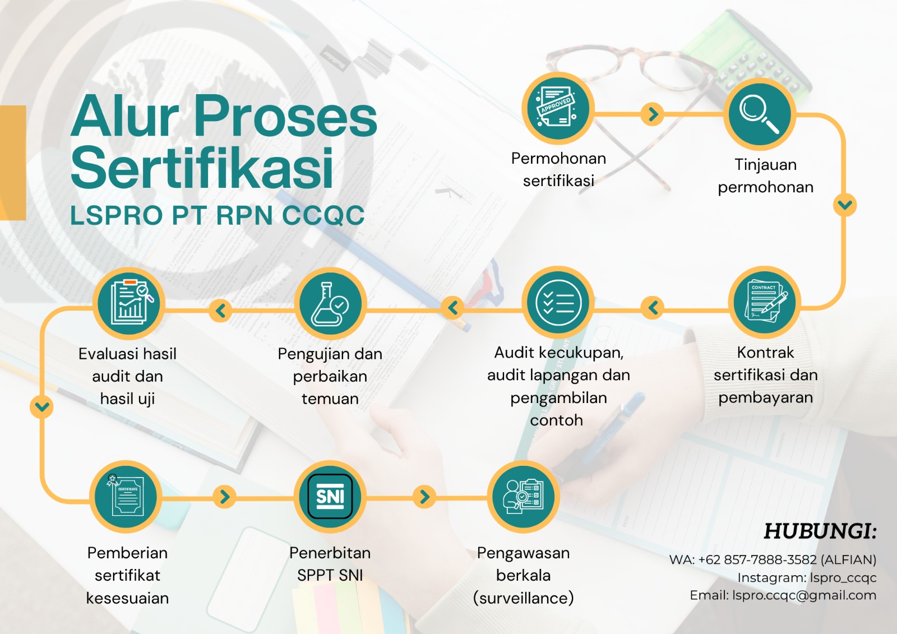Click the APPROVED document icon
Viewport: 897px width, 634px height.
pyautogui.click(x=557, y=108)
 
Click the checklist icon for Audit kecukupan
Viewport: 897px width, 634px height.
pyautogui.click(x=558, y=303)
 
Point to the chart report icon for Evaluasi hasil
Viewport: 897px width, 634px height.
pyautogui.click(x=128, y=303)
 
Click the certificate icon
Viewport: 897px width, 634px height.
pyautogui.click(x=126, y=497)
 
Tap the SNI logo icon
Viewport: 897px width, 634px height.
pyautogui.click(x=330, y=497)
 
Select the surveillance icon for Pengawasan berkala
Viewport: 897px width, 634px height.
pyautogui.click(x=523, y=496)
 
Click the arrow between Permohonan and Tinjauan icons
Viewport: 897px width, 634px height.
pyautogui.click(x=653, y=114)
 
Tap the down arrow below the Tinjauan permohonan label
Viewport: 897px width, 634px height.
pyautogui.click(x=845, y=205)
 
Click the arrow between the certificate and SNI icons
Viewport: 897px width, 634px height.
pyautogui.click(x=224, y=497)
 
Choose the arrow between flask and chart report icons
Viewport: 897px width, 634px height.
pyautogui.click(x=221, y=310)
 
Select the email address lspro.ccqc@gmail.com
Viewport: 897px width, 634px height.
pyautogui.click(x=804, y=595)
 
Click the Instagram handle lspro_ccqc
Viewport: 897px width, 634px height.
pyautogui.click(x=843, y=578)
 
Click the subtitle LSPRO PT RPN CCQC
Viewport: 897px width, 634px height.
pyautogui.click(x=217, y=215)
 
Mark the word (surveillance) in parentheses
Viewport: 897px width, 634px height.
pyautogui.click(x=523, y=598)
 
